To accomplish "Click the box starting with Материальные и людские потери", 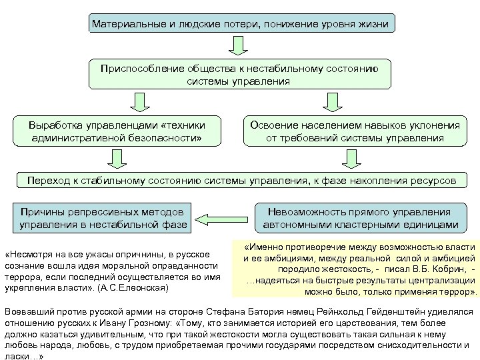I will point(240,24).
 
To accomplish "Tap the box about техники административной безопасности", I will point(117,131).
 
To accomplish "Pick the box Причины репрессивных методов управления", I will point(104,217).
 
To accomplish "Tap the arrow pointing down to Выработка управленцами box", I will point(139,102).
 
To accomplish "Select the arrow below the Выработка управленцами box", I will point(117,158).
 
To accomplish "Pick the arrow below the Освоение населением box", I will point(353,158).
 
